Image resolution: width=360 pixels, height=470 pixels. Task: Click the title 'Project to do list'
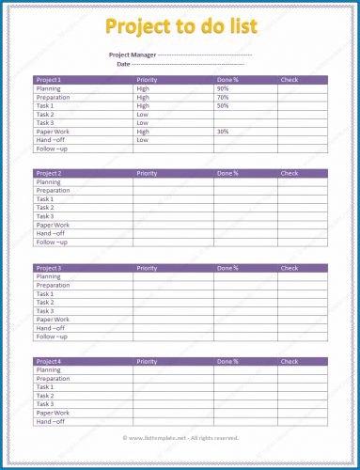pos(180,25)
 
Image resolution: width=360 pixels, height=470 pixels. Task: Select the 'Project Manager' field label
pos(132,55)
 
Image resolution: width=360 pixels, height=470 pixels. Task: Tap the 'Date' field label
pos(123,64)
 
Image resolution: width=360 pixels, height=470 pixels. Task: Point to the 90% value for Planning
pos(223,88)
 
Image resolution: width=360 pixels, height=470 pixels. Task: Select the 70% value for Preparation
pos(223,97)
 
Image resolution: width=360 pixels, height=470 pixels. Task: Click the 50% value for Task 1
pos(223,105)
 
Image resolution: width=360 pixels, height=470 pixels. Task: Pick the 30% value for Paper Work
pos(223,132)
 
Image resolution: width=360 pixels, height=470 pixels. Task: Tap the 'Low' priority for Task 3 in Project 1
pos(142,123)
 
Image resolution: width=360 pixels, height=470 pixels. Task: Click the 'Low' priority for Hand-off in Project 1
pos(142,140)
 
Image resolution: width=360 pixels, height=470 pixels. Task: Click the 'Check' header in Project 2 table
pos(289,174)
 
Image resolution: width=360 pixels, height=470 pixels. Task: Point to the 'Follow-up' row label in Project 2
pos(52,243)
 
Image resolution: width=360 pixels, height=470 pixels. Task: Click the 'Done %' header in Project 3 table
pos(228,269)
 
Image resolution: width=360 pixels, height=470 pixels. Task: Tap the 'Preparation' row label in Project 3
pos(53,286)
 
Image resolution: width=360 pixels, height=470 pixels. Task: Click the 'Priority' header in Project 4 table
pos(147,362)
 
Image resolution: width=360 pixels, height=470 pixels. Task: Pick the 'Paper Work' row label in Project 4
pos(53,413)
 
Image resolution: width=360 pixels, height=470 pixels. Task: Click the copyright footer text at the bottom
pos(180,438)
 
